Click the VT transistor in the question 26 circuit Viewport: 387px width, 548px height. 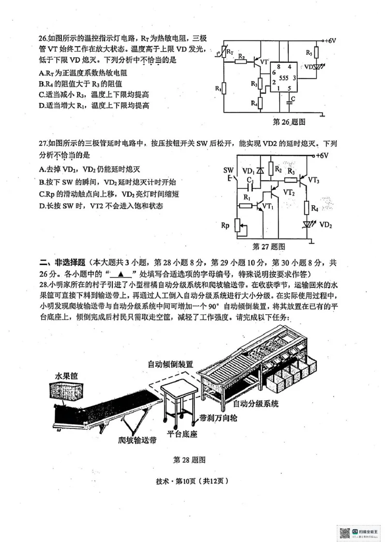(254, 62)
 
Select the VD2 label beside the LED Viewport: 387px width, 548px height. (326, 225)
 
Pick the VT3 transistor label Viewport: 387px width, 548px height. (313, 180)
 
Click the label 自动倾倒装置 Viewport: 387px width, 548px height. (170, 364)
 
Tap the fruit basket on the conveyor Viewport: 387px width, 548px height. (65, 389)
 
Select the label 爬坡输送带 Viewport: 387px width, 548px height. (137, 441)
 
